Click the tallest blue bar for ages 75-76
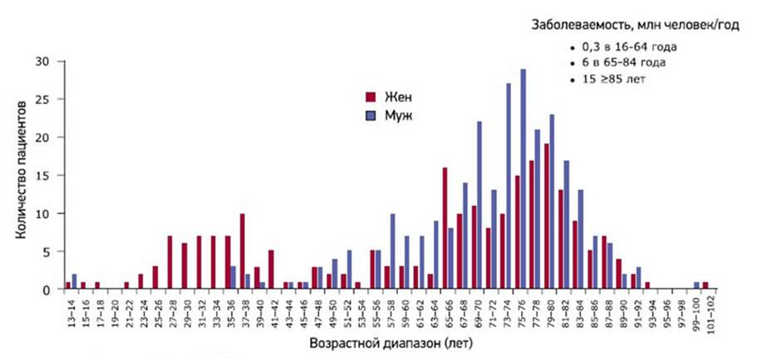523,179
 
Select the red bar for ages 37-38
242,251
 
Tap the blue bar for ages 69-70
479,205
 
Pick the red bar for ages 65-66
445,229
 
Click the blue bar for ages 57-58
392,251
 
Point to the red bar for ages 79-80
546,216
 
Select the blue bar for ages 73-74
509,186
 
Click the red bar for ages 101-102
705,286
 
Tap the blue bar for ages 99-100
696,286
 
